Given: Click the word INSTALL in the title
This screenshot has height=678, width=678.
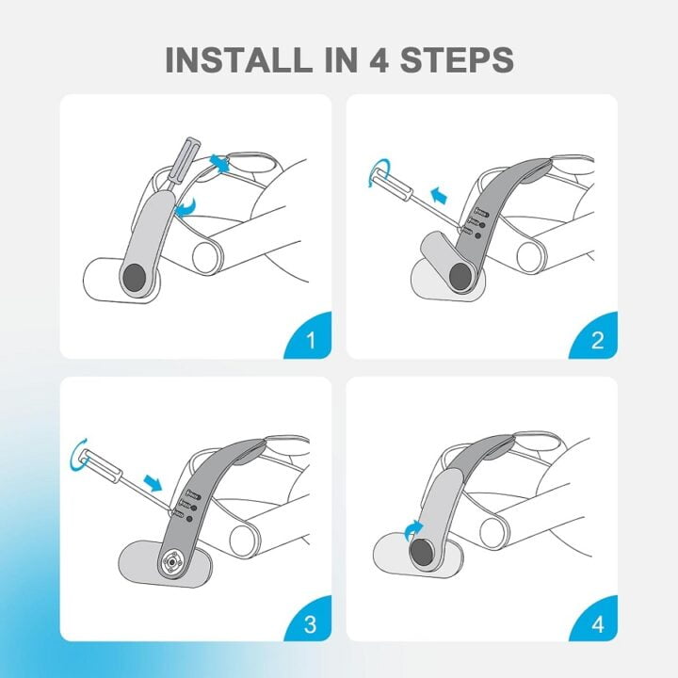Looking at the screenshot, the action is [238, 58].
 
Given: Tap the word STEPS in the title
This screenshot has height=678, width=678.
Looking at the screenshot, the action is [457, 58].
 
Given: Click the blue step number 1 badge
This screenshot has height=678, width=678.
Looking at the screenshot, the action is [311, 337].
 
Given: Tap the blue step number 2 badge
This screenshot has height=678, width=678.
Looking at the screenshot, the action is [596, 337].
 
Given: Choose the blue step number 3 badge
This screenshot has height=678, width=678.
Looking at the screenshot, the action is [311, 621].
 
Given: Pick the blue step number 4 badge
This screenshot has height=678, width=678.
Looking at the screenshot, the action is [596, 621].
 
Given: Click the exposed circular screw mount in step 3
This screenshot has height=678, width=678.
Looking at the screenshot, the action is [173, 562].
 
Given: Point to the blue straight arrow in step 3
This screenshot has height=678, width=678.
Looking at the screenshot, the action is [153, 481].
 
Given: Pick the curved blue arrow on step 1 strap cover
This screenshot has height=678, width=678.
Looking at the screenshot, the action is [188, 207].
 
